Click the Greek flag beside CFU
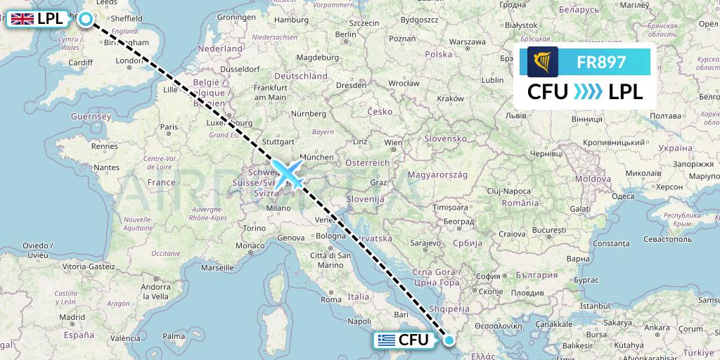click(385, 340)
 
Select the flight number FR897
click(600, 62)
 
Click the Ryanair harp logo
click(543, 62)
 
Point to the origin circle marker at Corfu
click(449, 340)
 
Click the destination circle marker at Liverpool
click(86, 19)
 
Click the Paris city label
click(168, 127)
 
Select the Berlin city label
click(346, 34)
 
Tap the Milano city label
click(278, 207)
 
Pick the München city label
click(315, 157)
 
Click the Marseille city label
click(217, 268)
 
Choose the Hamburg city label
click(292, 20)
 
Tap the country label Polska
click(438, 54)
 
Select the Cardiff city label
click(81, 62)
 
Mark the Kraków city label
click(450, 98)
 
